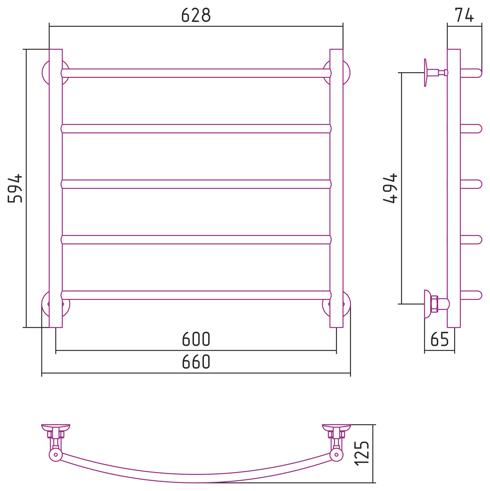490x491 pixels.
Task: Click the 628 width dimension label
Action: point(196,15)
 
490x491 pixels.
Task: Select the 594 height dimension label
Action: point(15,188)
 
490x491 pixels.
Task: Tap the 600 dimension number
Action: point(196,339)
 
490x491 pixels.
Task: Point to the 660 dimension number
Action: point(196,362)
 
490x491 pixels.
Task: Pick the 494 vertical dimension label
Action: point(390,188)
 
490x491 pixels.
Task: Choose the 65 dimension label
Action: point(439,339)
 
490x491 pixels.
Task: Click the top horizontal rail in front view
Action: point(196,73)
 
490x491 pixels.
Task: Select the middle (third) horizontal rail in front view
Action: point(196,184)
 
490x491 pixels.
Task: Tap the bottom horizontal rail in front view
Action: point(196,295)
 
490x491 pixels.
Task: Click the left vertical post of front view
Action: point(56,188)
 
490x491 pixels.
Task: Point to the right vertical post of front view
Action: point(336,188)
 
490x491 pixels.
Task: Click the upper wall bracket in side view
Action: point(436,72)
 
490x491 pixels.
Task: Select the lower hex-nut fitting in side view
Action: point(434,304)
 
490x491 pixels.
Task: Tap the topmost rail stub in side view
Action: point(471,73)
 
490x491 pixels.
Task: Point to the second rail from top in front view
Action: point(196,129)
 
